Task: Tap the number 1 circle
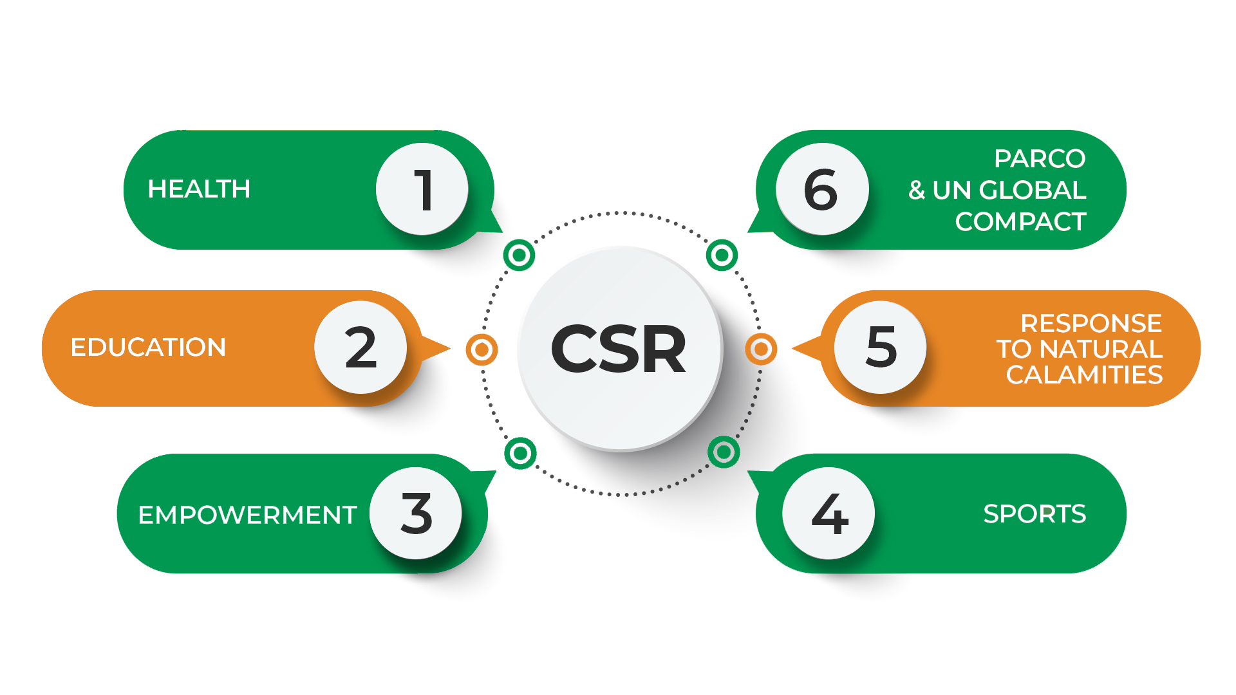pos(422,189)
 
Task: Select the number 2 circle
pos(360,347)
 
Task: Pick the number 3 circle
pos(416,513)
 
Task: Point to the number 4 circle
pos(829,513)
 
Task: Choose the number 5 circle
pos(880,347)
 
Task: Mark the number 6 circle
pos(821,189)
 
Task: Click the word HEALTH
pos(199,189)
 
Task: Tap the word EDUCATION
pos(148,347)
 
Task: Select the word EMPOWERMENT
pos(247,515)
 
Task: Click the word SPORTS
pos(1035,514)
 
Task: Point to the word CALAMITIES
pos(1084,375)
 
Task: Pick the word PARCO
pos(1039,158)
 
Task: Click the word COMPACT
pos(1020,221)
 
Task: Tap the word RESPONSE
pos(1091,323)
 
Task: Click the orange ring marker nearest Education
pos(482,349)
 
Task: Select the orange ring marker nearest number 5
pos(761,349)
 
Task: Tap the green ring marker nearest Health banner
pos(519,255)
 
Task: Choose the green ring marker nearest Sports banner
pos(724,452)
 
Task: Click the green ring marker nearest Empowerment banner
pos(520,453)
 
